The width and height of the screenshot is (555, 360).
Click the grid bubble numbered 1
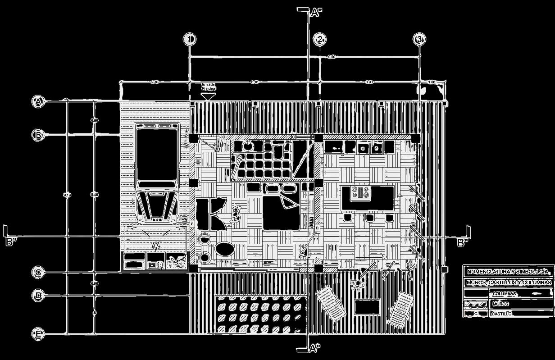point(190,40)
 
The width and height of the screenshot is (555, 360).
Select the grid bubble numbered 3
point(419,40)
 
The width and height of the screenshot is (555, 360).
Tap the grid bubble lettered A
point(39,102)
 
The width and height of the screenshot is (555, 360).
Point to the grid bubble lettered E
point(39,334)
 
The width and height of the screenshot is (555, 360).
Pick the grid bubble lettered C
point(39,273)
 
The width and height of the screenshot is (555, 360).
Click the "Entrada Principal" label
point(208,87)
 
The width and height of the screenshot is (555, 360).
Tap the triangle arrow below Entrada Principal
point(208,95)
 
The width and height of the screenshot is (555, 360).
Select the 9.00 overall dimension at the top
point(332,57)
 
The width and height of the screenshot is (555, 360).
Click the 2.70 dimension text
point(155,82)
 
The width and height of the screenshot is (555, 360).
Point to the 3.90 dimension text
point(368,82)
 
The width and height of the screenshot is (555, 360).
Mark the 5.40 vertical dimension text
point(94,194)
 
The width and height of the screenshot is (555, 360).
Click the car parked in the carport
point(158,173)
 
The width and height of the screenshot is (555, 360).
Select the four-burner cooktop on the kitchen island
point(361,192)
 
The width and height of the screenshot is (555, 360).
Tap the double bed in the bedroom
point(281,206)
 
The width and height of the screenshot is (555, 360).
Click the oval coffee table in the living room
point(224,248)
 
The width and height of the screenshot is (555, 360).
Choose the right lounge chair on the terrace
point(400,309)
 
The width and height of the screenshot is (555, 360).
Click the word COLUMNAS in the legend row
point(504,294)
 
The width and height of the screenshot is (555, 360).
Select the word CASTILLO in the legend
point(501,314)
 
